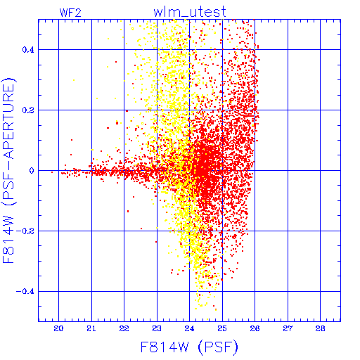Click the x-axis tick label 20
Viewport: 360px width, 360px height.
pos(58,328)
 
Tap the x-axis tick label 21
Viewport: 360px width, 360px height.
pos(91,328)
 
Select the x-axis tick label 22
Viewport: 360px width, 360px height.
pos(124,328)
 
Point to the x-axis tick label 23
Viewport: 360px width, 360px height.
pos(157,328)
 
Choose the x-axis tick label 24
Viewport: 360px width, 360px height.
pos(189,328)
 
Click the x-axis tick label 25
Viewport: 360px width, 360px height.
pos(222,328)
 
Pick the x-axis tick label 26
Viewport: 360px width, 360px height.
pos(255,328)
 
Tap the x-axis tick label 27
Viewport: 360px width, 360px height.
pos(288,328)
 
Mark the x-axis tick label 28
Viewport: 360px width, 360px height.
pos(320,328)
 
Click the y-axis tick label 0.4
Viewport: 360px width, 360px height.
pos(28,50)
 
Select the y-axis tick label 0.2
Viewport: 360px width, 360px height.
pos(28,110)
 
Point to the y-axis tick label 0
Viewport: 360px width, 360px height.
pos(32,171)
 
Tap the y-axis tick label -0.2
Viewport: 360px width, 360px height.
pos(25,231)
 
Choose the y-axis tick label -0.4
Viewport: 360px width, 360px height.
pos(25,292)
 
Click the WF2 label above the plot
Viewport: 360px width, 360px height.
pos(70,13)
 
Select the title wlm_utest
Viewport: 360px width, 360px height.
pos(190,12)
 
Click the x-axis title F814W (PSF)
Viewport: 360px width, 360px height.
pos(189,347)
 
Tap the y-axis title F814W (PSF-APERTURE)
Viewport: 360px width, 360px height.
pos(9,170)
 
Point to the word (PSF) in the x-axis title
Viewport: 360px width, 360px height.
pos(218,347)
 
